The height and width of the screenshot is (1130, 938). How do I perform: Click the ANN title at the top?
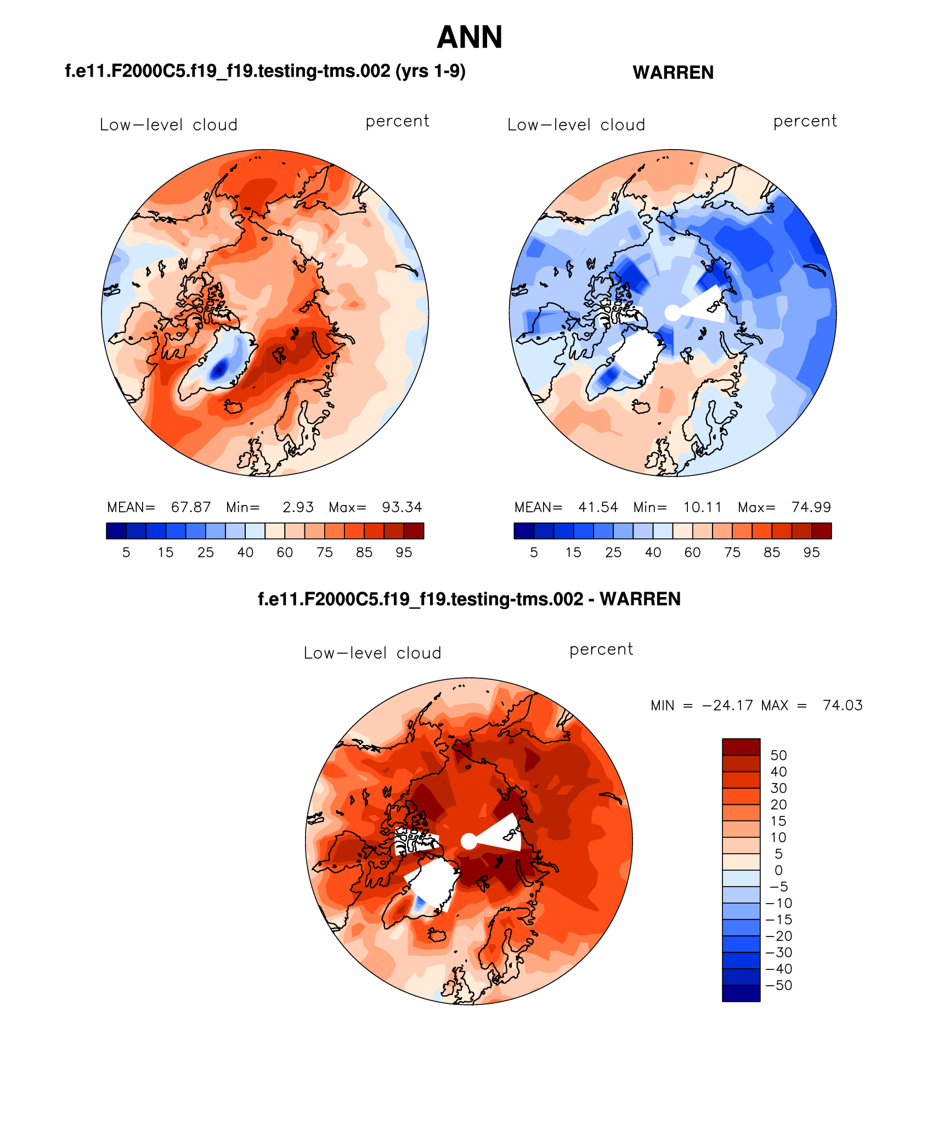(x=470, y=37)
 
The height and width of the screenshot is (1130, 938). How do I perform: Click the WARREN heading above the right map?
(x=673, y=72)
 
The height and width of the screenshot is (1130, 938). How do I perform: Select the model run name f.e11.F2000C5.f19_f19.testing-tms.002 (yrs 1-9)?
(x=265, y=71)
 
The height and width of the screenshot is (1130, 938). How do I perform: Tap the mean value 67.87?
(x=191, y=507)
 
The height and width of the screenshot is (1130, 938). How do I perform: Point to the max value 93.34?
(x=402, y=507)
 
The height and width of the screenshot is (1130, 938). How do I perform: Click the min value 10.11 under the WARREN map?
(x=702, y=507)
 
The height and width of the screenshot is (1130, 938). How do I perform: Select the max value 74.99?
(x=811, y=507)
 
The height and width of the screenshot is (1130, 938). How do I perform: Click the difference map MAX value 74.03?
(x=843, y=706)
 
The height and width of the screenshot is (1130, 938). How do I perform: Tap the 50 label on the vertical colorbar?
(x=778, y=756)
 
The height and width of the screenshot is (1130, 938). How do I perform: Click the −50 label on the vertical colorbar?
(x=779, y=985)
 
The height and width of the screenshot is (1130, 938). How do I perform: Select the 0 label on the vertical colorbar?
(x=778, y=870)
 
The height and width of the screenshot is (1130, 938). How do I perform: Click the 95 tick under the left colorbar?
(x=404, y=553)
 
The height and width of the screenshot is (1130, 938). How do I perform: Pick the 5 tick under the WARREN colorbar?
(x=534, y=553)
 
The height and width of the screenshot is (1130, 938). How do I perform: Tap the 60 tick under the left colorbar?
(x=285, y=553)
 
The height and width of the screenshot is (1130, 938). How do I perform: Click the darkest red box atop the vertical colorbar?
(x=741, y=747)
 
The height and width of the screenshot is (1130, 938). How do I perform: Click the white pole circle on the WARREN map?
(x=673, y=313)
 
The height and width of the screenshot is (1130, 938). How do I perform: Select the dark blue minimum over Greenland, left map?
(x=219, y=370)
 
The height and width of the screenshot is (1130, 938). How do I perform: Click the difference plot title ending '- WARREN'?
(x=469, y=599)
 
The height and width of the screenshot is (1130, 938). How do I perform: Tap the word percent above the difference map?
(x=601, y=650)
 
